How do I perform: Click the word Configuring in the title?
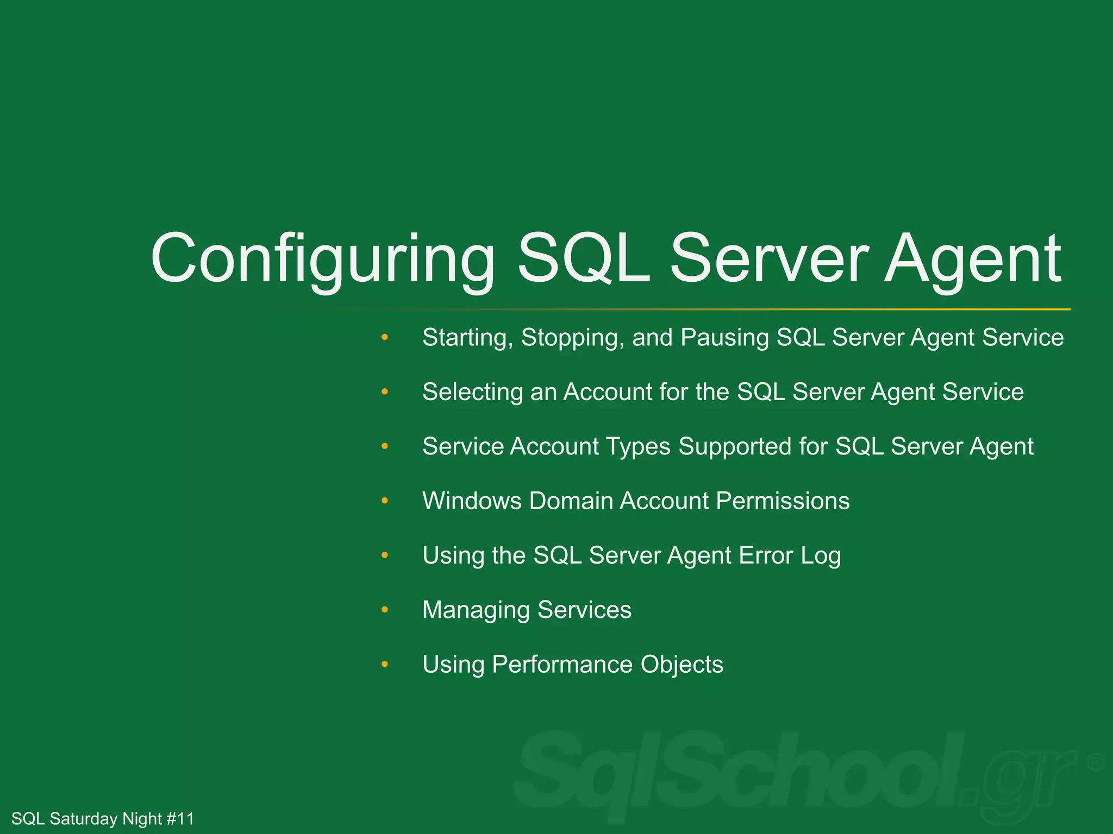[x=323, y=260]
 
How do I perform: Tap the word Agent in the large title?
[x=972, y=260]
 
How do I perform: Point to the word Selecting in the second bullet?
[x=472, y=393]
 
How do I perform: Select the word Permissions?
[x=783, y=501]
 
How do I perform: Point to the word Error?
[x=766, y=555]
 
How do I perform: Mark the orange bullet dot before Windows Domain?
[x=385, y=501]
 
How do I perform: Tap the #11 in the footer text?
[x=180, y=818]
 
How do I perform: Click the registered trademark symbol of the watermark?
[x=1095, y=762]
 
